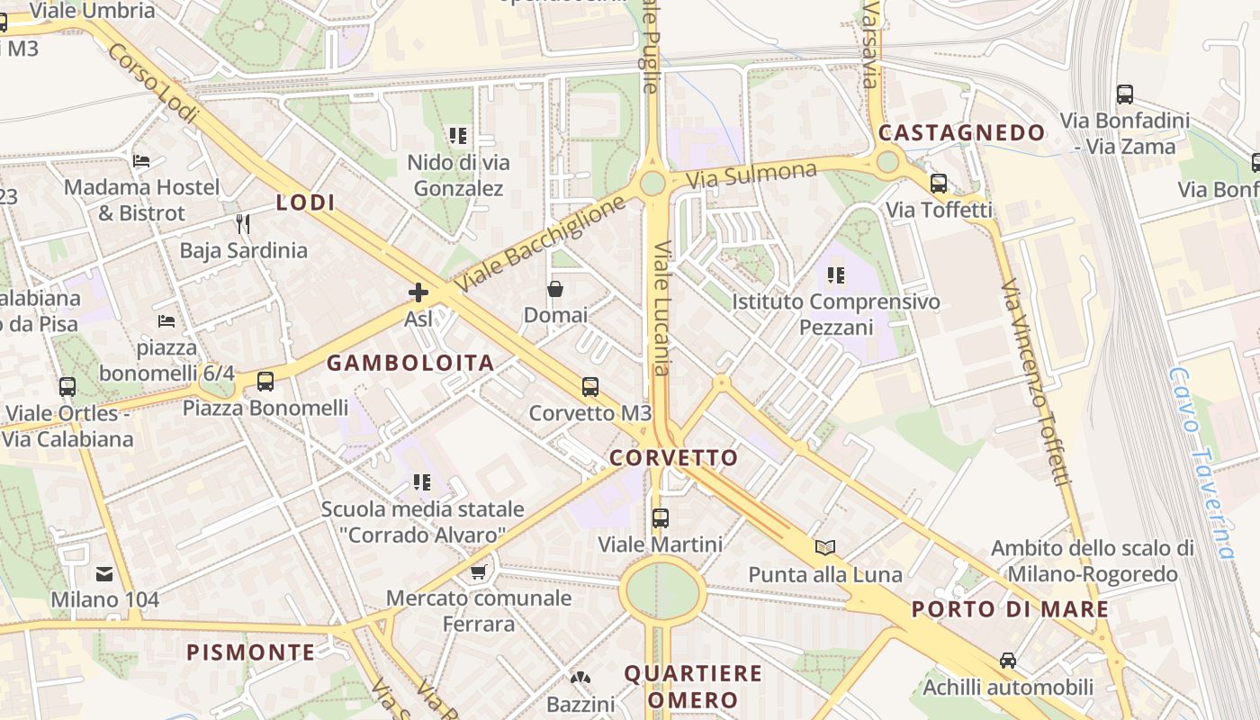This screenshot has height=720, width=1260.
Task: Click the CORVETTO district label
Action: (x=673, y=458)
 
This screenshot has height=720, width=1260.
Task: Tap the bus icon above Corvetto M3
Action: (x=590, y=386)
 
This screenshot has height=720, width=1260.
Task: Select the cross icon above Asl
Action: (x=418, y=292)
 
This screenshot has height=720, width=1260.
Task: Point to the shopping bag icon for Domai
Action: (x=555, y=289)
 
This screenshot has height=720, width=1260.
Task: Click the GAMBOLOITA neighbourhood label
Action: (x=410, y=364)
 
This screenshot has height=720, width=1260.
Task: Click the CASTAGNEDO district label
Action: (x=961, y=133)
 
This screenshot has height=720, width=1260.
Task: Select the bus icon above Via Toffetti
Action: (x=939, y=184)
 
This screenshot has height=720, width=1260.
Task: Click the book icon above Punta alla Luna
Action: (x=825, y=547)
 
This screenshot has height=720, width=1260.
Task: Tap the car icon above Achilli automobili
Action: (x=1008, y=661)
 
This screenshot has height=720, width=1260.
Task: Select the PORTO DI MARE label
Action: (x=1010, y=609)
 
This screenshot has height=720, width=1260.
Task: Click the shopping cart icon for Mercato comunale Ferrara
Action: (x=479, y=571)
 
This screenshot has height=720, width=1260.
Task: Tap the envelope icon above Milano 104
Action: (x=104, y=573)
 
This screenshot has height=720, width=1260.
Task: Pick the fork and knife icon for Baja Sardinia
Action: (x=242, y=223)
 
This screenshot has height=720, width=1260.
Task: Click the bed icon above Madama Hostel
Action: (x=141, y=161)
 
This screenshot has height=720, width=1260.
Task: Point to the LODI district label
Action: (x=305, y=202)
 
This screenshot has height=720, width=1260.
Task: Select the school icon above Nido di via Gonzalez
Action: (x=458, y=136)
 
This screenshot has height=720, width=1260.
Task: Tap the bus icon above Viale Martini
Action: (x=661, y=518)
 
